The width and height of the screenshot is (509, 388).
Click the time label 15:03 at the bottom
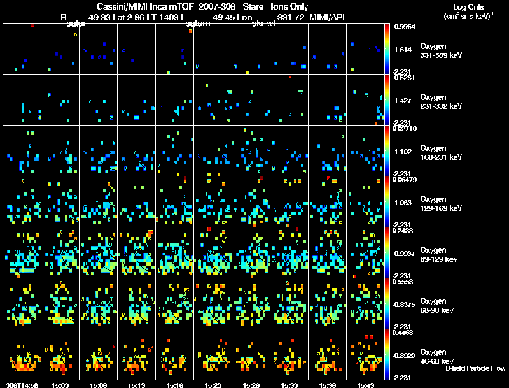click(x=60, y=385)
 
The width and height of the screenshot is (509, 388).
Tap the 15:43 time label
click(x=366, y=385)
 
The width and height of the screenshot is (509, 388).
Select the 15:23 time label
click(x=213, y=385)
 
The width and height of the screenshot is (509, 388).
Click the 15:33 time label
click(x=289, y=385)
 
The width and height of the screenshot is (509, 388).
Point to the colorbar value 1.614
click(x=405, y=49)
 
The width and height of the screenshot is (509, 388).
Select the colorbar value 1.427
click(x=405, y=101)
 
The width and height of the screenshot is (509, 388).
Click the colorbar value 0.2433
click(x=405, y=231)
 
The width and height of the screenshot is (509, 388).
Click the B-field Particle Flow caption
click(x=475, y=368)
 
